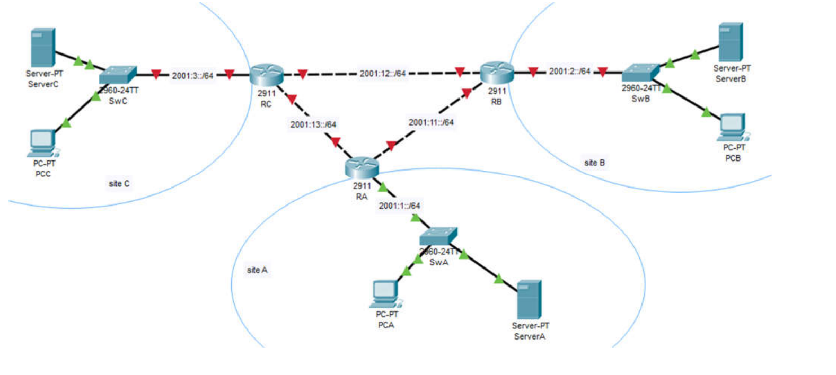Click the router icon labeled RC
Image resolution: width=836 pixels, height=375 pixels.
click(266, 75)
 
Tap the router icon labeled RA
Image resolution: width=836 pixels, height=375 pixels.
click(362, 167)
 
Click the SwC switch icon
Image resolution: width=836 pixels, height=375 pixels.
click(118, 75)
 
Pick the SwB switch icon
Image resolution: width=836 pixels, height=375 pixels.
click(640, 73)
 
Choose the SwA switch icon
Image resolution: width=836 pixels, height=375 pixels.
click(438, 236)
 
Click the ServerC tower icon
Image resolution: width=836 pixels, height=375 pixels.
click(43, 47)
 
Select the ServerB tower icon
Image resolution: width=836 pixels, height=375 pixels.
click(731, 42)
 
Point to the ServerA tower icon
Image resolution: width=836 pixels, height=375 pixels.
click(529, 299)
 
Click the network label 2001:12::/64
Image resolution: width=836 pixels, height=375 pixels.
click(382, 74)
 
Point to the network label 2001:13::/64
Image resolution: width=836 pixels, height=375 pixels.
click(313, 124)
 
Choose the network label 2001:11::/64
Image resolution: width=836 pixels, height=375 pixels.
click(431, 122)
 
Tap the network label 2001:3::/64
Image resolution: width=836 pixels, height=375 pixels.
click(192, 76)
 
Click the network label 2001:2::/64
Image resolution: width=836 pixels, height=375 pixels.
click(569, 71)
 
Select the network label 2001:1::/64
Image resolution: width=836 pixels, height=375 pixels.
click(399, 206)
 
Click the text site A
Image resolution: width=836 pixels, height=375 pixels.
click(257, 270)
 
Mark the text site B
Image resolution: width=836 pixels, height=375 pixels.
click(594, 163)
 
